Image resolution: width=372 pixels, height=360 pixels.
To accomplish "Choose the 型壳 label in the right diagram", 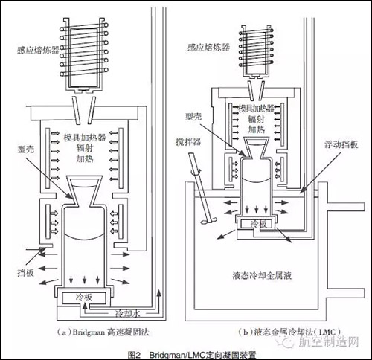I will click(192, 117).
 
